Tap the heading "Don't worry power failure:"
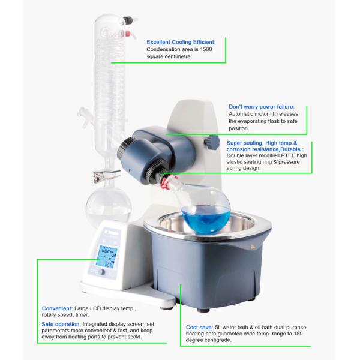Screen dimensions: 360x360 pos(261,106)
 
